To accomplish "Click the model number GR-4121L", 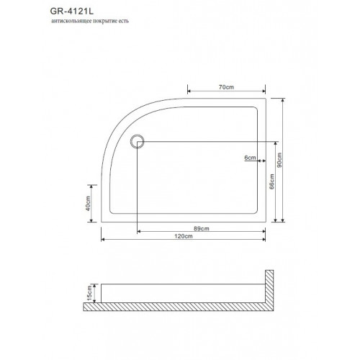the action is pos(71,12).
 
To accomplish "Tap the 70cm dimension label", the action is pos(226,87).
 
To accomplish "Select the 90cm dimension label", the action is pos(279,160).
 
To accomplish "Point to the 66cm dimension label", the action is pos(271,181).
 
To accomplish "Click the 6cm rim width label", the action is pos(250,158).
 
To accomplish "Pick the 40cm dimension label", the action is pos(88,204).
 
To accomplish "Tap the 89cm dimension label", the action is pos(202,228).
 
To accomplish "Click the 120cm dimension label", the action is pos(184,236).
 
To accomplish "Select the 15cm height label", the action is pos(89,293).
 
